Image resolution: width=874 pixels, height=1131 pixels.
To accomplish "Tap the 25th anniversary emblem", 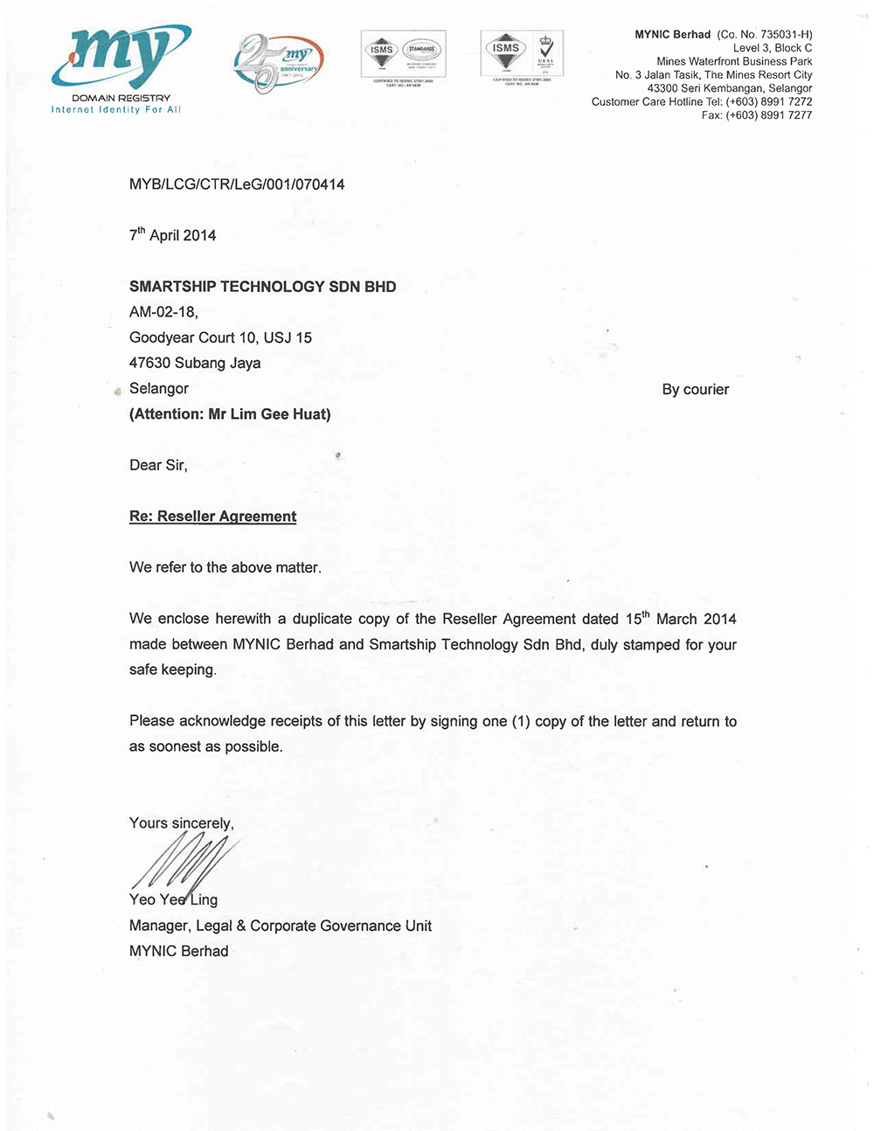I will (x=276, y=64).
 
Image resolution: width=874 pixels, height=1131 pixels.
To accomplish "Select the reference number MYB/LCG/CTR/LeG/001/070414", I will (x=237, y=184).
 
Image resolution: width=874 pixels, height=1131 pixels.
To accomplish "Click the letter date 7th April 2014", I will (x=173, y=235).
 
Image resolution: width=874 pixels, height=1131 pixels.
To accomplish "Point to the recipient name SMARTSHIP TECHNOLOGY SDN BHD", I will (x=262, y=287).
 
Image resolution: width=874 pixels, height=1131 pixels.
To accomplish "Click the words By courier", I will (x=695, y=390).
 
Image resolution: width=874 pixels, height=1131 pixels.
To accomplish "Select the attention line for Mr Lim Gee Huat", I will (x=230, y=414).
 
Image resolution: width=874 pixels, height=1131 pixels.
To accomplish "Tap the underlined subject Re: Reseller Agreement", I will (x=212, y=517).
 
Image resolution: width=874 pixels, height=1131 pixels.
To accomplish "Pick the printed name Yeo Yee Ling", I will (x=173, y=900).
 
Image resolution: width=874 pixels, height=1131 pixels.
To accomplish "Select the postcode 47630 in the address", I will (x=149, y=364).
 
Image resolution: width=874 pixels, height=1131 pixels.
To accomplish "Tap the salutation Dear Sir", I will (x=158, y=466).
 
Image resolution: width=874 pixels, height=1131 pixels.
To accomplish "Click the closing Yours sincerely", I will (x=181, y=823).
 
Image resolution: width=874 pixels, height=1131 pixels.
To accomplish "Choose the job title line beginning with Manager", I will (x=280, y=926).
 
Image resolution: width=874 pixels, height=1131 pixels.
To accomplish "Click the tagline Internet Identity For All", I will (x=116, y=110).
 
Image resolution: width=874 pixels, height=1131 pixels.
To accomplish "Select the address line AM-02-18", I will (x=163, y=312).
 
